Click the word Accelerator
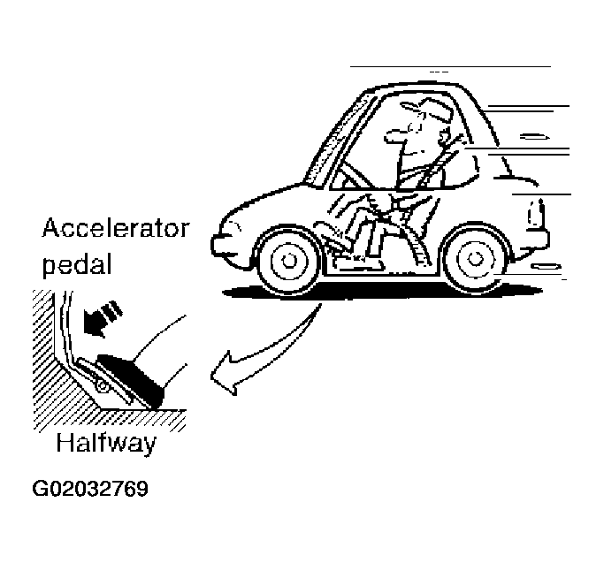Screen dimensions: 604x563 click(116, 228)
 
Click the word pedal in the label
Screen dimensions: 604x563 click(77, 265)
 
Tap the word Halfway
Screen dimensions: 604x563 click(106, 443)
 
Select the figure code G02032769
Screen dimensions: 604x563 click(90, 489)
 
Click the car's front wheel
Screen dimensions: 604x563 click(288, 261)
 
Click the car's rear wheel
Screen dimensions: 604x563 click(475, 260)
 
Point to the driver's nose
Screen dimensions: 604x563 click(393, 137)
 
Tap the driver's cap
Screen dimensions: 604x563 click(427, 107)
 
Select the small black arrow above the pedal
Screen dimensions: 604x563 click(101, 317)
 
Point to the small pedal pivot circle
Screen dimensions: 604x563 click(103, 384)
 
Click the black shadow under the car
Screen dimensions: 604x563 click(381, 291)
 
